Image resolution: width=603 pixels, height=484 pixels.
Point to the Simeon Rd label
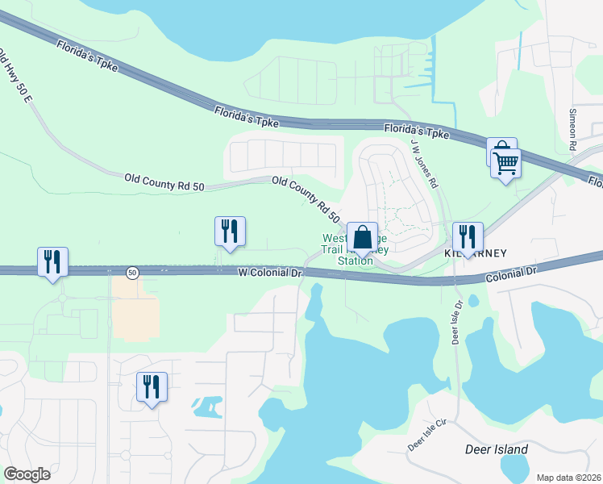pyautogui.click(x=573, y=129)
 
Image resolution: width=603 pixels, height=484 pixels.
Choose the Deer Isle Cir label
pyautogui.click(x=426, y=435)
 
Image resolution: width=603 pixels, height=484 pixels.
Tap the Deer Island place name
pyautogui.click(x=497, y=449)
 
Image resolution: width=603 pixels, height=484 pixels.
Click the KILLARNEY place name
pyautogui.click(x=476, y=253)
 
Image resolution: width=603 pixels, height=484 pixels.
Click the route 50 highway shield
pyautogui.click(x=132, y=273)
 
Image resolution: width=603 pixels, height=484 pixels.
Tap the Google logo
pyautogui.click(x=27, y=474)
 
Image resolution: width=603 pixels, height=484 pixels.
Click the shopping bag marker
pyautogui.click(x=363, y=238)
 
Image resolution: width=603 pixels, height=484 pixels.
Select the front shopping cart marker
pyautogui.click(x=506, y=163)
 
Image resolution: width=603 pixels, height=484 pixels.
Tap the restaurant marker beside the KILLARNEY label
pyautogui.click(x=468, y=236)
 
